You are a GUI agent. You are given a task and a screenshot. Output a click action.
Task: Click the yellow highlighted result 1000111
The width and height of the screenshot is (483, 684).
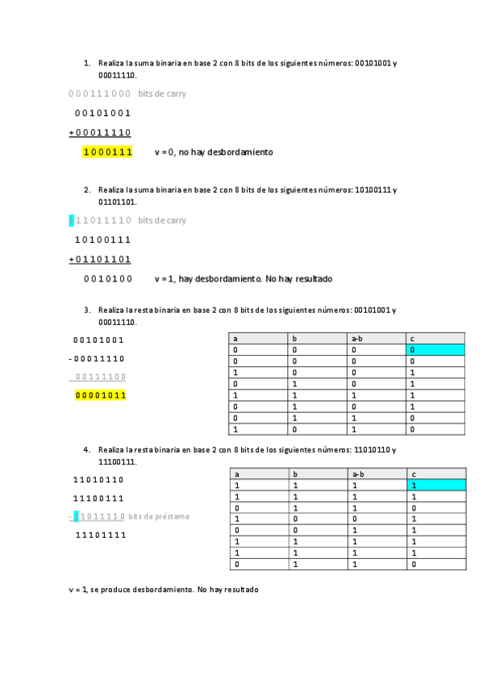point(107,152)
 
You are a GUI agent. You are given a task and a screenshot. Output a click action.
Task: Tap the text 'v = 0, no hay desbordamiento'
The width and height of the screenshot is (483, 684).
point(214,152)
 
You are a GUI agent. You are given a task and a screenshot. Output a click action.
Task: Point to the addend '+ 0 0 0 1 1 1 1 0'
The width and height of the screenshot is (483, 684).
point(100,132)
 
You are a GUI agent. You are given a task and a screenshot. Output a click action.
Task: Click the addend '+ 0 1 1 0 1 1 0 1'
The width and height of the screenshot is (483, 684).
point(100,259)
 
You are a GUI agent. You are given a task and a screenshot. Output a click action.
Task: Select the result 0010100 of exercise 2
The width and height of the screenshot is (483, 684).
point(107,279)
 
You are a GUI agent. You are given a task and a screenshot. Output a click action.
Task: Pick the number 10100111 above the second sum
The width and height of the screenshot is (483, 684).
point(102,240)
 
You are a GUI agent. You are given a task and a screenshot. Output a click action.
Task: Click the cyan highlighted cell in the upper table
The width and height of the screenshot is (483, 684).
point(436,350)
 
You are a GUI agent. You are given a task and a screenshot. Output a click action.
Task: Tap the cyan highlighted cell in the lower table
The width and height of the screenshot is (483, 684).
point(436,486)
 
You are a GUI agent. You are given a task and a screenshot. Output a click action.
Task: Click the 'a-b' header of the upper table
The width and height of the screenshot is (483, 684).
point(357,339)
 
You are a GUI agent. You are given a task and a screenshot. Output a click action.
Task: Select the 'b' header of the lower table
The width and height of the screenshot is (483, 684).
point(295,474)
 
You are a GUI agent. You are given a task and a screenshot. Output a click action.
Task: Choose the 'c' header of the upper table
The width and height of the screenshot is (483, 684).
point(413,339)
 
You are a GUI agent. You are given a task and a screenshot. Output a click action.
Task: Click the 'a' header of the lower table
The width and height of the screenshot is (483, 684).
point(236,474)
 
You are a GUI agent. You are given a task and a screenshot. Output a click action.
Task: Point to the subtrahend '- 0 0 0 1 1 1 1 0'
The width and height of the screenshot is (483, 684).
point(97,359)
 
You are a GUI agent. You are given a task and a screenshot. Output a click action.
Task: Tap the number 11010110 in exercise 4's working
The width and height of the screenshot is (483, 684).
point(98,480)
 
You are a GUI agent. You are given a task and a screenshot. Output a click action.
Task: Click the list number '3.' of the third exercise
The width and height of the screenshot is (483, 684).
point(86,310)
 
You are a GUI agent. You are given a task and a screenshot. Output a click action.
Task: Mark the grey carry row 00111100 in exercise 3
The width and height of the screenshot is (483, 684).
point(100,377)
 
